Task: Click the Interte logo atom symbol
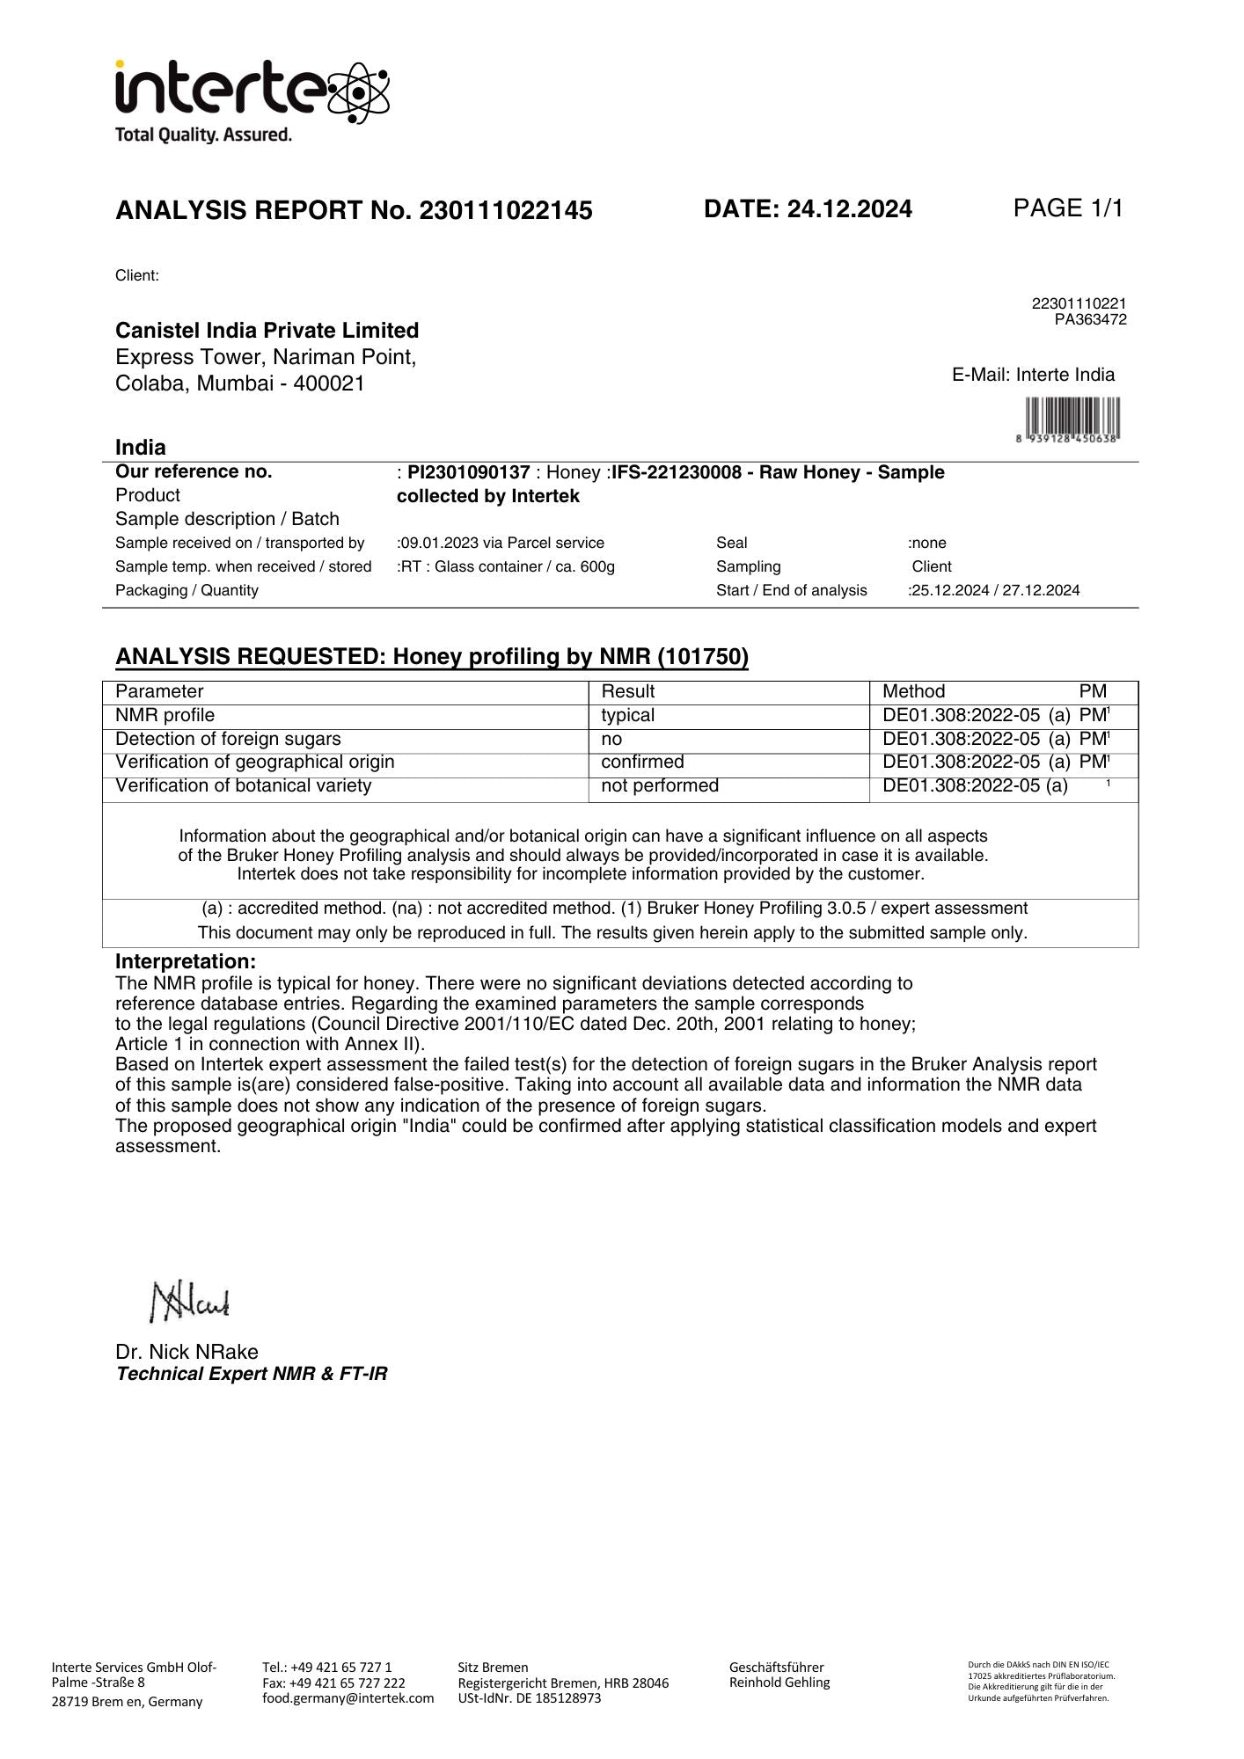coord(358,91)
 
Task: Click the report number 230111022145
coord(506,211)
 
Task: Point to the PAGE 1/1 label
coord(1068,208)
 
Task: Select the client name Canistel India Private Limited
coord(267,331)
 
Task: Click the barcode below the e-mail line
coord(1068,418)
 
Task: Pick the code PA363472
coord(1090,319)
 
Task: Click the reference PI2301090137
coord(468,472)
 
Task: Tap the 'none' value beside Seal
coord(928,543)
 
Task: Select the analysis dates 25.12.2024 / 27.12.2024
coord(995,590)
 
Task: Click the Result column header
coord(627,691)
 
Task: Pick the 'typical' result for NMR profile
coord(627,715)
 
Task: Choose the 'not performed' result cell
coord(659,785)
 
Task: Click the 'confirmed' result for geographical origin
coord(642,762)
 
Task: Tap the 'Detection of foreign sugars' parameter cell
coord(228,739)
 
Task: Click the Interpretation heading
coord(186,961)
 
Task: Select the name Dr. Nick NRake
coord(187,1352)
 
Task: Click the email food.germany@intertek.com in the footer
coord(348,1698)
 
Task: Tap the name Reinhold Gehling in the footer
coord(779,1682)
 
